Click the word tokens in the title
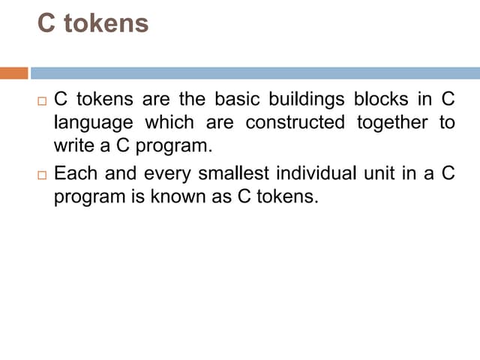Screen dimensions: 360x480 point(106,23)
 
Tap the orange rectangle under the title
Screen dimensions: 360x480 point(13,73)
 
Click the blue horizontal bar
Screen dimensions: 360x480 point(255,73)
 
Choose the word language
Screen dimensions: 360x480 point(94,122)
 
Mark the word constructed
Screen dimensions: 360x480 point(295,121)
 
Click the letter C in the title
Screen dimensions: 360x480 point(46,23)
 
